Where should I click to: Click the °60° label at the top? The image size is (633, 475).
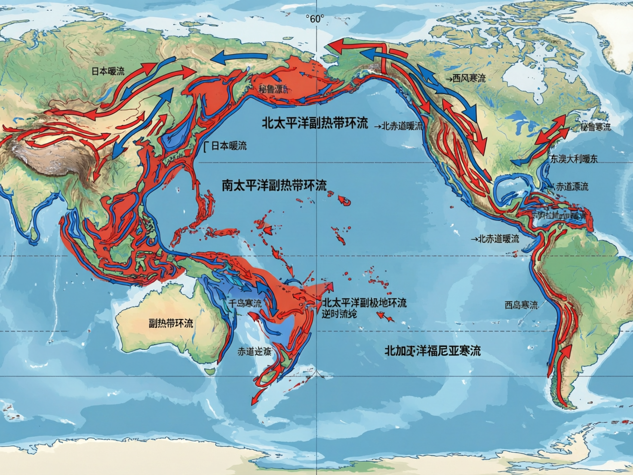pos(315,19)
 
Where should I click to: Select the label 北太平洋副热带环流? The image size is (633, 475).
pos(315,123)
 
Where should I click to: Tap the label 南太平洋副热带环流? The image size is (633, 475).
pos(274,185)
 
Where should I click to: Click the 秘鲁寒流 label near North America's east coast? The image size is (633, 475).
pos(595,127)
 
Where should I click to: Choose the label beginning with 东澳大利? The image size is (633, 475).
pos(574,159)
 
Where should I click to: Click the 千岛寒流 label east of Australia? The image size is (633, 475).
pos(244,303)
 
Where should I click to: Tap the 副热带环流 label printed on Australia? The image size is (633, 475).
pos(171,324)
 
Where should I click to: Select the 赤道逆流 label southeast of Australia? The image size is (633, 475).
pos(255,352)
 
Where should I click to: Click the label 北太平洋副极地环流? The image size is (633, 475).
pos(364,303)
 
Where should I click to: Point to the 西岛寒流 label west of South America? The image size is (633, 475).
pos(521,305)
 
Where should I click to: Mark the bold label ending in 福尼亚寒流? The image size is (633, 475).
pos(432,351)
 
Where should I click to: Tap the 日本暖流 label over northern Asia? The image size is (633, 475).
pos(108,71)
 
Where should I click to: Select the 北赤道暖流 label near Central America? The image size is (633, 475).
pos(498,239)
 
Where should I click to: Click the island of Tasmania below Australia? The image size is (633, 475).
pos(209,370)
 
